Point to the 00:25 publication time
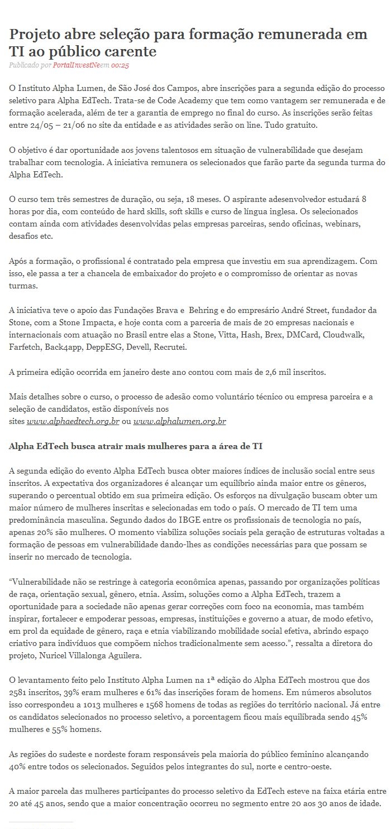tap(120, 65)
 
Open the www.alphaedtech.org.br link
tap(73, 421)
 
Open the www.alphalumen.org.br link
tap(180, 421)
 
